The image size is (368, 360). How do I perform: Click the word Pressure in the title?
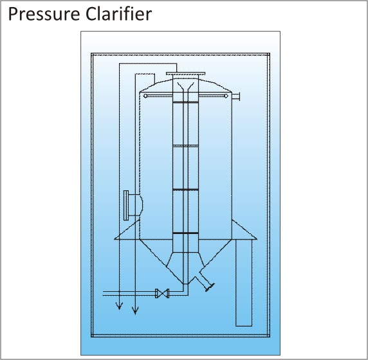point(44,14)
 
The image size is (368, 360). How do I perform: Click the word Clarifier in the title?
point(118,14)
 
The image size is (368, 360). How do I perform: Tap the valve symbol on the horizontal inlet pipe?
point(162,293)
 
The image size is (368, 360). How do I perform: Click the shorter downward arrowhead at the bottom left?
point(119,306)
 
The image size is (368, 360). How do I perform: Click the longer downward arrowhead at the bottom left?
point(135,310)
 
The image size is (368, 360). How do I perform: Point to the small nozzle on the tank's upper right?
point(236,96)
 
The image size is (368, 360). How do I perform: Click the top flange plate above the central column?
point(186,73)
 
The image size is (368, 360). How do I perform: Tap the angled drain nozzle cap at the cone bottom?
point(210,287)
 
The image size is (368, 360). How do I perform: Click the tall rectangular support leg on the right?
point(244,283)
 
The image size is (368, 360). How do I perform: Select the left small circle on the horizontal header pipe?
point(145,96)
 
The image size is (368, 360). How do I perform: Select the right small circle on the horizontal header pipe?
point(226,96)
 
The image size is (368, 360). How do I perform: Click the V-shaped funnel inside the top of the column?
point(186,86)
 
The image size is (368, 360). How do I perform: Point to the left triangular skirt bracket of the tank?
point(127,230)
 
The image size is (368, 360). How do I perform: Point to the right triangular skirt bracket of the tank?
point(244,230)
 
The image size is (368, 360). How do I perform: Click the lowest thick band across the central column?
point(186,233)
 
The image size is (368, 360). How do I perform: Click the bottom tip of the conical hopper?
point(185,284)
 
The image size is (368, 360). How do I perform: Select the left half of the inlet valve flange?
point(157,293)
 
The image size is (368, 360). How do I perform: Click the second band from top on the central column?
point(186,146)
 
